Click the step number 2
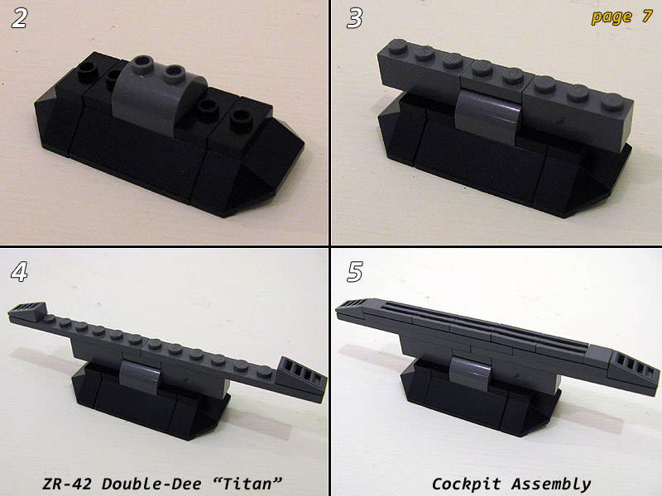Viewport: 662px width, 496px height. [x=19, y=18]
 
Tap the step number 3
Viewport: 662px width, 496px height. [x=355, y=18]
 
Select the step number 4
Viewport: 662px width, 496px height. [x=19, y=272]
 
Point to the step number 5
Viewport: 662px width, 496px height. [x=355, y=272]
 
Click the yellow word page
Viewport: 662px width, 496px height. [x=612, y=17]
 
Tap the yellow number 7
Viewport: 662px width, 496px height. [x=647, y=16]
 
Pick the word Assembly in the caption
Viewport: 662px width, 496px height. [x=551, y=484]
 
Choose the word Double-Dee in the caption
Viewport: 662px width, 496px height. [x=151, y=484]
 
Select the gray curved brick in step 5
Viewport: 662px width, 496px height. [x=471, y=373]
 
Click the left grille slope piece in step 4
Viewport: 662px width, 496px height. [x=27, y=312]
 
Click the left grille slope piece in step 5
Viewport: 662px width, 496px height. [x=354, y=307]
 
